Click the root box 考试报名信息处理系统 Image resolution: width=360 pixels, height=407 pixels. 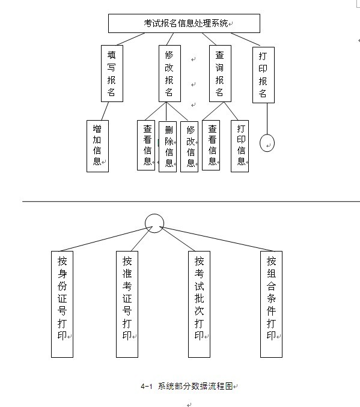[x=184, y=23]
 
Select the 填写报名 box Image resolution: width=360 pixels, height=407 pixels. [x=112, y=73]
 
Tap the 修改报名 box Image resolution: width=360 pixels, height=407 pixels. [x=169, y=73]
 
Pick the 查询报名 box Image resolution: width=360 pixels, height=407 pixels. [x=220, y=73]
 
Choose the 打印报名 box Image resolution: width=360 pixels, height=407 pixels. [x=264, y=75]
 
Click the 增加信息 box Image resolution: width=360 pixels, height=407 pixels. [x=97, y=146]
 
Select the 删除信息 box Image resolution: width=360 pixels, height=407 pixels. [x=168, y=146]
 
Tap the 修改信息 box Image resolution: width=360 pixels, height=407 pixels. [x=189, y=146]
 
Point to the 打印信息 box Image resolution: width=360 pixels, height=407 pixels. [x=240, y=146]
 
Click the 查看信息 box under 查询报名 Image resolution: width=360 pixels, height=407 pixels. [x=211, y=145]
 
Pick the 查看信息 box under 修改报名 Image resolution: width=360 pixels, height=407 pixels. [x=146, y=145]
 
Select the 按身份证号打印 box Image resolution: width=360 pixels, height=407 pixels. [x=62, y=304]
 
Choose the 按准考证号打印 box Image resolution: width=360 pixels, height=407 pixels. [x=127, y=304]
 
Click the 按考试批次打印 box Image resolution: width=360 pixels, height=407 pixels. [x=199, y=304]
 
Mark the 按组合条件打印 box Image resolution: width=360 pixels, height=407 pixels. [x=272, y=304]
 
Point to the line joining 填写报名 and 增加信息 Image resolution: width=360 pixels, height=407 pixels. [x=105, y=111]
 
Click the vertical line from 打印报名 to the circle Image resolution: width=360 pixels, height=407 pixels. [x=267, y=119]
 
